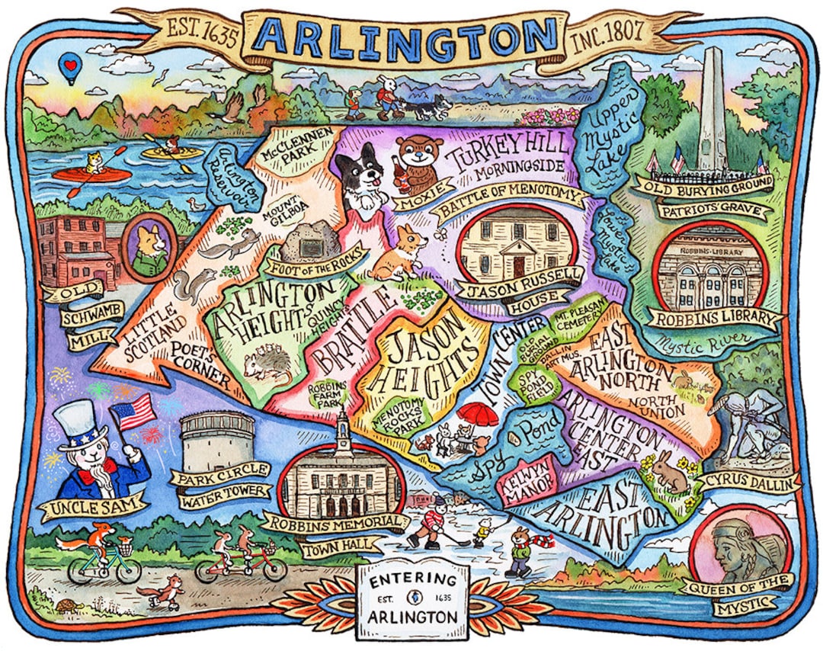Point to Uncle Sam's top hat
82,425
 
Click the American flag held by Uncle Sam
134,412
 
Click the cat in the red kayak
96,163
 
